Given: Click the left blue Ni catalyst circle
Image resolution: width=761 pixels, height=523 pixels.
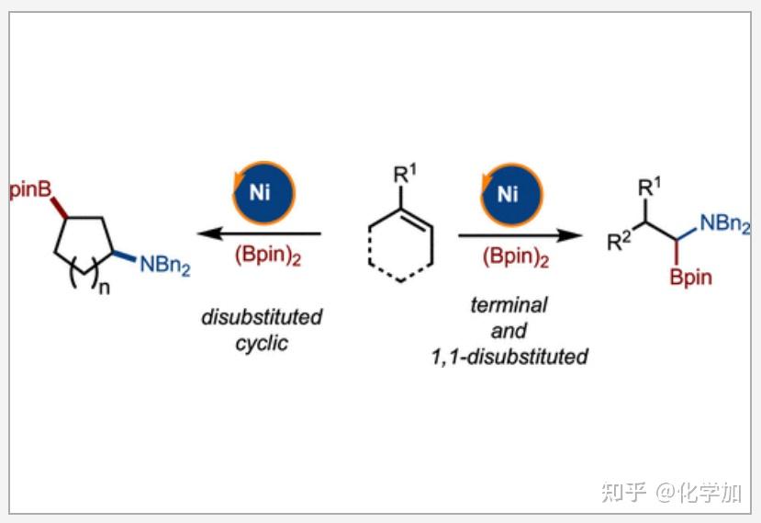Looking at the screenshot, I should (x=262, y=191).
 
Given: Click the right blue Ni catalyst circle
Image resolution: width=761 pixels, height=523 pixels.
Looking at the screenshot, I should (x=508, y=192).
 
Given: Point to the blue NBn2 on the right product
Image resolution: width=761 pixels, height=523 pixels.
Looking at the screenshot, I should (x=724, y=223).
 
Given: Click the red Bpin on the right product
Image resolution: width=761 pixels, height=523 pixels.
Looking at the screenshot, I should (x=690, y=278).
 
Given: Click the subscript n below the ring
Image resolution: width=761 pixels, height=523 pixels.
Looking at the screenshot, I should (x=105, y=289).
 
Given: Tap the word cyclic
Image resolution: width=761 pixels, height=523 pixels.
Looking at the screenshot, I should (x=262, y=344).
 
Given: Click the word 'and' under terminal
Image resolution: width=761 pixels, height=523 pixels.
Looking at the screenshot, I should (x=509, y=331).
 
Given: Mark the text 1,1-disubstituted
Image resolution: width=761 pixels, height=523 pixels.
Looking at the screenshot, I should (x=509, y=357).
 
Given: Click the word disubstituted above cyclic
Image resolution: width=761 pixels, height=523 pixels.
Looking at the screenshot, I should (x=263, y=318).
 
